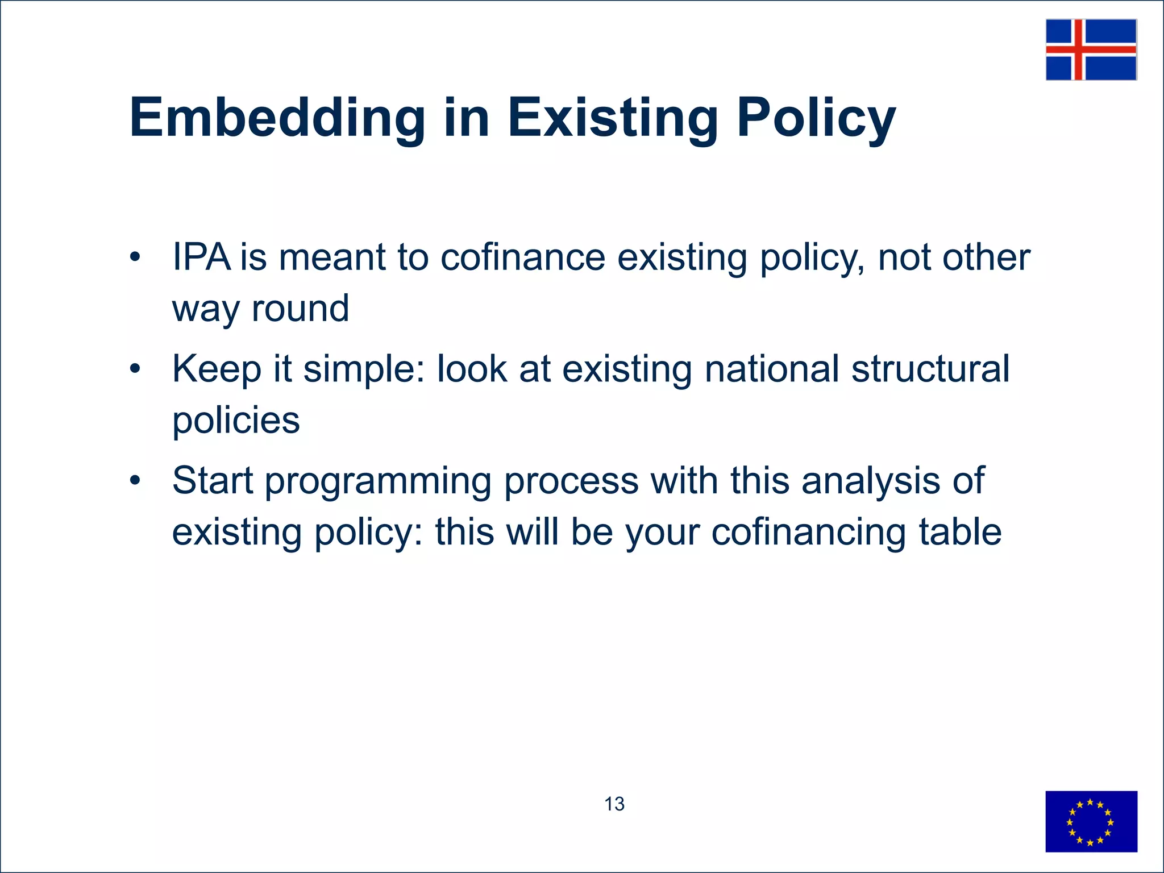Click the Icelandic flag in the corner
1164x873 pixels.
click(x=1091, y=49)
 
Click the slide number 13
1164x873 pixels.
click(x=614, y=804)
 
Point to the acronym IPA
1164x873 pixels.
click(x=201, y=257)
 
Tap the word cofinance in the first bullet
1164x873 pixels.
click(x=523, y=257)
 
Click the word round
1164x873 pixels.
click(x=300, y=309)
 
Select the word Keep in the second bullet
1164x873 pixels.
click(x=217, y=369)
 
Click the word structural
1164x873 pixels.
click(x=930, y=369)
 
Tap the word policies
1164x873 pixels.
click(x=236, y=421)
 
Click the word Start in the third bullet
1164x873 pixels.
click(x=212, y=481)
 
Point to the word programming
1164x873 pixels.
click(x=378, y=481)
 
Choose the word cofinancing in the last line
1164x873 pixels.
click(x=808, y=532)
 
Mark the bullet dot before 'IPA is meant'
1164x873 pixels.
click(x=135, y=257)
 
